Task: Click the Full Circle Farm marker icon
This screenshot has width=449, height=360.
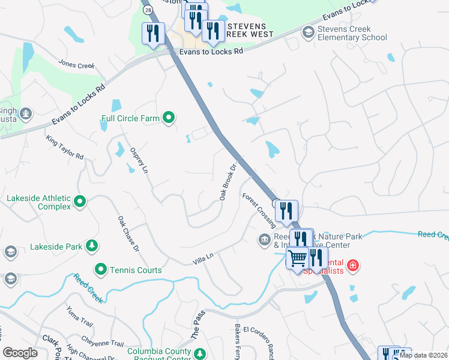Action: point(169,118)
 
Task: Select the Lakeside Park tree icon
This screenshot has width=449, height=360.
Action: point(91,245)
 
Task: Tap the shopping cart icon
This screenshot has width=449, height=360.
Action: point(297,259)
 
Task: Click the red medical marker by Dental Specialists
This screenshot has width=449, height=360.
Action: point(353,265)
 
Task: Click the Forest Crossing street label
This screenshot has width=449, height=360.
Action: point(259,209)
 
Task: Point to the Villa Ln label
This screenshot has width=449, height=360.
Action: point(203,259)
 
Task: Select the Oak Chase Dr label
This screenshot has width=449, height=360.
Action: point(128,234)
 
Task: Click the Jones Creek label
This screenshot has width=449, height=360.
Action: point(77,64)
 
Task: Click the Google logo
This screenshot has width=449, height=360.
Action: point(20,353)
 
